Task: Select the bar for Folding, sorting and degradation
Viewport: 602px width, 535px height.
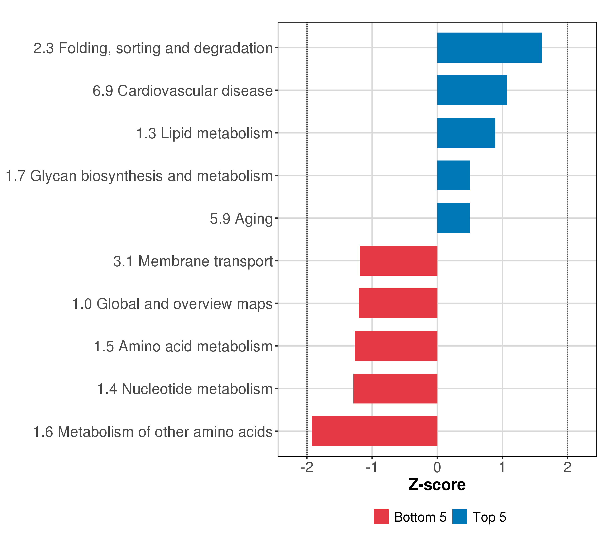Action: [x=489, y=47]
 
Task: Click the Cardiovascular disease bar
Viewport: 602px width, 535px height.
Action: [x=472, y=90]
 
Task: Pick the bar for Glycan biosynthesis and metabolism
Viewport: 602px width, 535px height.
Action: [x=453, y=175]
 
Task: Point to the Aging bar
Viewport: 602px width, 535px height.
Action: [x=453, y=218]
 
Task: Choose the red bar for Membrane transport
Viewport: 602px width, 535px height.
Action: [x=398, y=261]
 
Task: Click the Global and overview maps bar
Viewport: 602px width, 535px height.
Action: [x=398, y=303]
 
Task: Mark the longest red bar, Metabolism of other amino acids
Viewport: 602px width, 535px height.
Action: [x=374, y=431]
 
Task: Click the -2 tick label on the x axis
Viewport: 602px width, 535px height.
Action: [x=307, y=467]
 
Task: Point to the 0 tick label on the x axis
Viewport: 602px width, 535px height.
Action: [x=437, y=467]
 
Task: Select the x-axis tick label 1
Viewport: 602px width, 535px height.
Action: [x=502, y=467]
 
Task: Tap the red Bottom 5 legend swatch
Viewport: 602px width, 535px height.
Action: [x=381, y=517]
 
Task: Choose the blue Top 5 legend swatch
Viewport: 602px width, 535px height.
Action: [x=460, y=517]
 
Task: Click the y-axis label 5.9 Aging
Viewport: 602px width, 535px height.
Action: [x=241, y=219]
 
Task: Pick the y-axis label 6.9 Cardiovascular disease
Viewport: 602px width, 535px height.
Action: [x=183, y=91]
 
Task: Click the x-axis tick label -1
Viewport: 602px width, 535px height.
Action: [x=372, y=467]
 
